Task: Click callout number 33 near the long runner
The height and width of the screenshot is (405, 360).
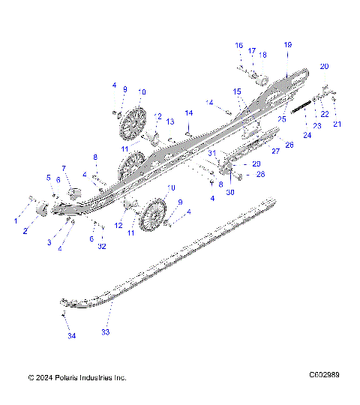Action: (x=105, y=331)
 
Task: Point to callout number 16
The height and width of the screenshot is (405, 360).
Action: (x=238, y=46)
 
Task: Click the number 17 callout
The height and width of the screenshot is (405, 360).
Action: (x=252, y=50)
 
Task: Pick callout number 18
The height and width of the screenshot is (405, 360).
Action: (x=262, y=55)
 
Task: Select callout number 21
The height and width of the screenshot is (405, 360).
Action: (x=337, y=124)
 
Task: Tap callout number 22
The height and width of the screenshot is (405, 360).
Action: (x=325, y=113)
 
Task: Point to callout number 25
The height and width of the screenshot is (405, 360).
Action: (x=283, y=118)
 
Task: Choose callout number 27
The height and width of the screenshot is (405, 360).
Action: (x=274, y=151)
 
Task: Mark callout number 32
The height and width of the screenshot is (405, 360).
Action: (x=102, y=246)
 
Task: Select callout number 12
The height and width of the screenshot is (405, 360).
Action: (x=118, y=225)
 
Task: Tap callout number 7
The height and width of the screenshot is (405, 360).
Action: (x=64, y=168)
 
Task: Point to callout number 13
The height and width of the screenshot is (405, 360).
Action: (x=170, y=121)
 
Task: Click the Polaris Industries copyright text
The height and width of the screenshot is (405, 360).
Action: (x=76, y=378)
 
